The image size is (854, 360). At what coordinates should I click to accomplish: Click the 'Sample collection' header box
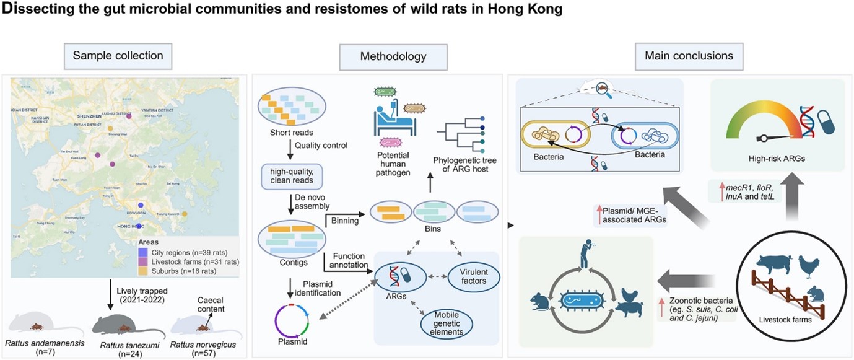click(118, 56)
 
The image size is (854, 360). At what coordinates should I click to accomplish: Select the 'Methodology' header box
click(393, 56)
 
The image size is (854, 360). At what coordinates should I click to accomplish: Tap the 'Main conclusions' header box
click(688, 56)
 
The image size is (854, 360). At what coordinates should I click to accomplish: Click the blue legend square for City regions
click(142, 252)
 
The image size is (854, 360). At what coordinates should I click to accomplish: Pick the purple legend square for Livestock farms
click(142, 261)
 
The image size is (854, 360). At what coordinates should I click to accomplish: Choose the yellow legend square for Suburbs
click(142, 271)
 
